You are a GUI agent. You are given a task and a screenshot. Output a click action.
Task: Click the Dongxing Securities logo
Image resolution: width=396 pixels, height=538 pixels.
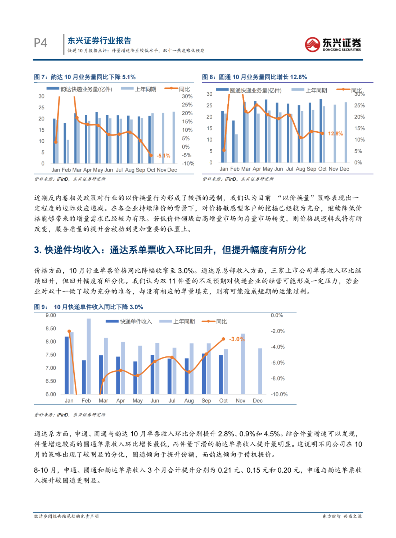[333, 44]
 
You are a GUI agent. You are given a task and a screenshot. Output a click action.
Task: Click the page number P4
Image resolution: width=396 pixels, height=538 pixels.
[40, 43]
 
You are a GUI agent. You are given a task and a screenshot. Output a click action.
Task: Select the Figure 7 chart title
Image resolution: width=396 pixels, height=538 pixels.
[85, 77]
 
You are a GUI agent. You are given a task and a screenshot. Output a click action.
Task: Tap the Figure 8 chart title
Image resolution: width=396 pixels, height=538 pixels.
[254, 77]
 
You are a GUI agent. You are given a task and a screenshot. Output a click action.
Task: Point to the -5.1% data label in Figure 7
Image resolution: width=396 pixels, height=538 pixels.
[164, 156]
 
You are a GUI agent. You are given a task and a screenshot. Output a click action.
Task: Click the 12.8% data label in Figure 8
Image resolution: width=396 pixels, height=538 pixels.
[335, 134]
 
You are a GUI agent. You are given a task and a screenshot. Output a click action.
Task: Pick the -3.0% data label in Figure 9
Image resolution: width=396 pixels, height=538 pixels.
[236, 339]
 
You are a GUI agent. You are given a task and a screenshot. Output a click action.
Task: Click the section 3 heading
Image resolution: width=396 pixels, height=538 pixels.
[170, 250]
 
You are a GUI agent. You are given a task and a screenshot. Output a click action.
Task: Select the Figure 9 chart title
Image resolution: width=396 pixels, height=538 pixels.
[88, 307]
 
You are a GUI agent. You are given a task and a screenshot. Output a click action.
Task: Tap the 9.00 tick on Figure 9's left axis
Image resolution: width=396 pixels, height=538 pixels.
[51, 315]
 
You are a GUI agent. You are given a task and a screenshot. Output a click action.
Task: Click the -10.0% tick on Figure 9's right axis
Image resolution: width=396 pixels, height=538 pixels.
[279, 394]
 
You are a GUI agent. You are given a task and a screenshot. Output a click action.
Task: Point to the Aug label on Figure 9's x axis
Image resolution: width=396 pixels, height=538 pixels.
[189, 401]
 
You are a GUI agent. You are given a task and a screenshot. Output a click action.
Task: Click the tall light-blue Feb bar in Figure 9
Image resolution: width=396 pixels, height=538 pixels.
[89, 356]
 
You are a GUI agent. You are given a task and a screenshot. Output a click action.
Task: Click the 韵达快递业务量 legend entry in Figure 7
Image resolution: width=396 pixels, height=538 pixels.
[86, 89]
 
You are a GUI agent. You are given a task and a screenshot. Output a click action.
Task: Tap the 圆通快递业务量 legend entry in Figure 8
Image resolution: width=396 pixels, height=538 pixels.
[256, 90]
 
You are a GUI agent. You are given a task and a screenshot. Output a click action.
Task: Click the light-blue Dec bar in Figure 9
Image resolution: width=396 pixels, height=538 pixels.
[260, 371]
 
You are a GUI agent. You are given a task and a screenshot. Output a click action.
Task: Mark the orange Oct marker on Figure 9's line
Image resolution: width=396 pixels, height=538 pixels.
[223, 339]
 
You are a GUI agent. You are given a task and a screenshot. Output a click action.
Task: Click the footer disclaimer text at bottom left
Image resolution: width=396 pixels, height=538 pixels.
[66, 516]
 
